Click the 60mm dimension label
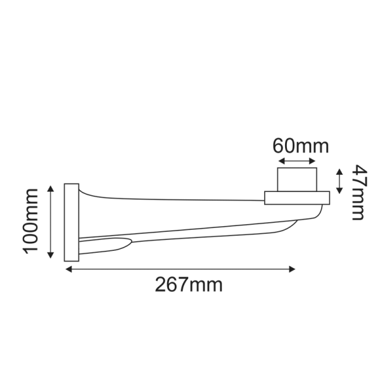pos(301,146)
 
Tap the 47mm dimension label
pos(358,192)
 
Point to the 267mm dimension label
pos(189,285)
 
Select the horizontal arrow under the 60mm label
pos(297,162)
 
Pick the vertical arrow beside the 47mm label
pos(340,181)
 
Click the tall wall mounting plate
pos(71,222)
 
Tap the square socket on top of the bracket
pos(297,180)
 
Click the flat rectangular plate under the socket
pos(297,199)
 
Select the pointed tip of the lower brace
pos(130,241)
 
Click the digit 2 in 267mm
pos(161,285)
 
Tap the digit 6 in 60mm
pos(279,146)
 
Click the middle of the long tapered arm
pos(190,215)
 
